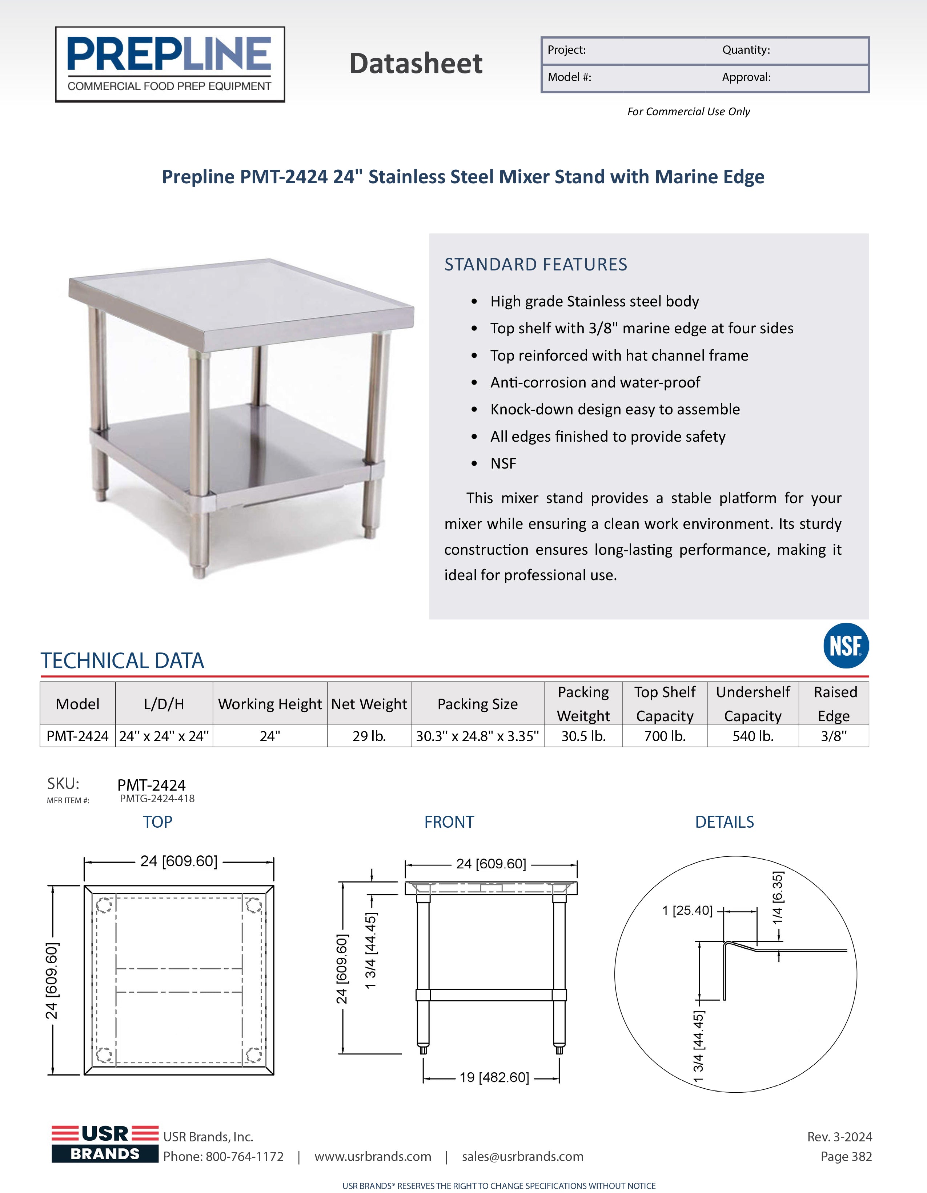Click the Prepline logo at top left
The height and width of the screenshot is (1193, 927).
[x=170, y=64]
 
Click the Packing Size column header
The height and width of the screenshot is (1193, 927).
[x=477, y=704]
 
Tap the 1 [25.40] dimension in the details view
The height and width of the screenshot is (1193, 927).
[x=687, y=911]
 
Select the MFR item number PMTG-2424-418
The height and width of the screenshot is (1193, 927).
[x=157, y=799]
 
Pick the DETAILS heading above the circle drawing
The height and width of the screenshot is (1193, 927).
[x=725, y=822]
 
